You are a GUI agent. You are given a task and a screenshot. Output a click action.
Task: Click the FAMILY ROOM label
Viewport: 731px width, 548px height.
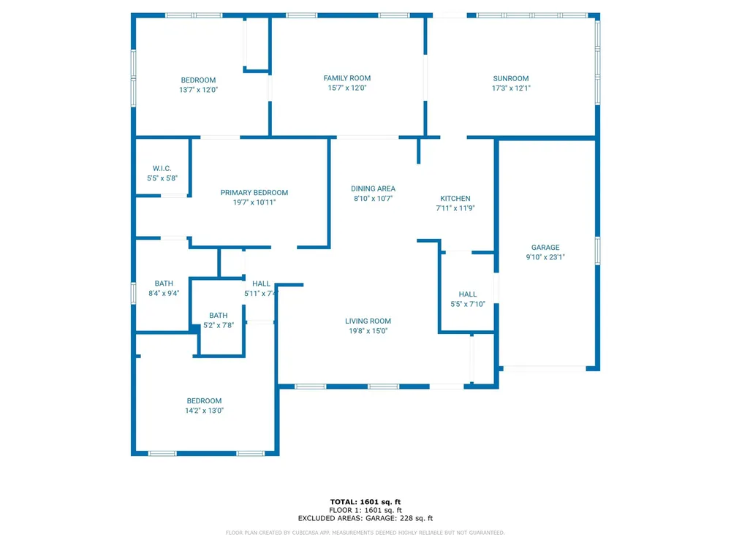[346, 78]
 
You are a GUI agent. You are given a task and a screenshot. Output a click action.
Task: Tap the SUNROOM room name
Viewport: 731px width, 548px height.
[511, 79]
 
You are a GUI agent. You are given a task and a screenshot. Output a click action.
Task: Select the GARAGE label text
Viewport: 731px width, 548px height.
[545, 248]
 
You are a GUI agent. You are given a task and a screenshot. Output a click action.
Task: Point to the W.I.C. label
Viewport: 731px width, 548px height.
[162, 168]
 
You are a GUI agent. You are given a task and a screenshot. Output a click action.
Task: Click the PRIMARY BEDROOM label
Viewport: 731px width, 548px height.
[254, 192]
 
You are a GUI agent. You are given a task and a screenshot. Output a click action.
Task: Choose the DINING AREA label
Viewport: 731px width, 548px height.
[373, 189]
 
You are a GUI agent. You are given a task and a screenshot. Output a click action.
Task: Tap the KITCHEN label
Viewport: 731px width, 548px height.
[455, 199]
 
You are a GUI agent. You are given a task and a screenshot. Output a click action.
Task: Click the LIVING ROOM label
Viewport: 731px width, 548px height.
[368, 321]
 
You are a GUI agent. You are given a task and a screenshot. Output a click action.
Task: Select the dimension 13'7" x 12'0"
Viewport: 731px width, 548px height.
[199, 90]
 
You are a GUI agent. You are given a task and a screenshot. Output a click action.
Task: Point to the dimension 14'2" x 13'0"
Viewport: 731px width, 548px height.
[204, 411]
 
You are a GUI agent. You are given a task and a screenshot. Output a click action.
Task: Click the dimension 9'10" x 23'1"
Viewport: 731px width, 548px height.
[545, 256]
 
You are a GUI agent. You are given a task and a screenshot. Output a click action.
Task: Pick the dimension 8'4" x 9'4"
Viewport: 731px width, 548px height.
[164, 293]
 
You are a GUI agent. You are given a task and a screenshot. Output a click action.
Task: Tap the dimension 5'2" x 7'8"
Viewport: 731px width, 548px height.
[218, 325]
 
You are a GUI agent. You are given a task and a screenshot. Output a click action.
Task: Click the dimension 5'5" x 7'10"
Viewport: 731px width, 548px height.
[468, 304]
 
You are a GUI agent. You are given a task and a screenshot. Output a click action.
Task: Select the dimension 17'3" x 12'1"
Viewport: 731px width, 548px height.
[511, 88]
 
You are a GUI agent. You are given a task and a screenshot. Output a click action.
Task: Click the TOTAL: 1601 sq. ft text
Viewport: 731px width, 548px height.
[365, 502]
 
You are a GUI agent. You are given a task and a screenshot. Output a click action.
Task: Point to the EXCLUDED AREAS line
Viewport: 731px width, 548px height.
[365, 518]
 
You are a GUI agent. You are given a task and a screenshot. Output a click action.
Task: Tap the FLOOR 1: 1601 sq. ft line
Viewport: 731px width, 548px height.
[365, 510]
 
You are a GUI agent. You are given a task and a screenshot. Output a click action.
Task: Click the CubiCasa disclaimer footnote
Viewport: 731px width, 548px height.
[365, 533]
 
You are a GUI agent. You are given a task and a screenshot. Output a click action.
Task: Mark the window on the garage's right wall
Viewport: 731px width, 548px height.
[598, 251]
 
